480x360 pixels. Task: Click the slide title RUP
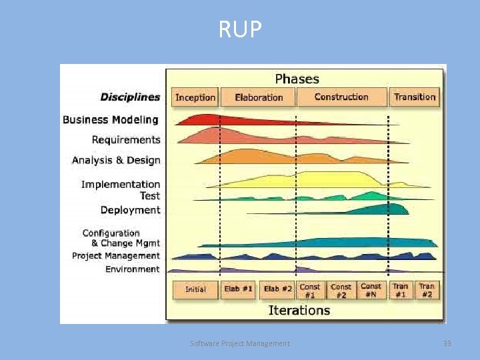coord(240,29)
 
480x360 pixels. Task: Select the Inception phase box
coord(195,97)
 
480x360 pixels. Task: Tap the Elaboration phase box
coord(259,97)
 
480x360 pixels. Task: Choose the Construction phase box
coord(341,97)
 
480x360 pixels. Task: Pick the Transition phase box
coord(415,97)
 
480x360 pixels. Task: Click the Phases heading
coord(297,79)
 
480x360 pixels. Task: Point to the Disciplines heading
coord(130,97)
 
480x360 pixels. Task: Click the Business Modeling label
coord(111,120)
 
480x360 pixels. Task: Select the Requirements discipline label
coord(126,140)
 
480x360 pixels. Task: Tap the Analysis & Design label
coord(116,161)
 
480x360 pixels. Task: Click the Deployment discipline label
coord(131,210)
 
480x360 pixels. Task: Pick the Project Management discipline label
coord(116,256)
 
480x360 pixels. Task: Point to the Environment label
coord(133,269)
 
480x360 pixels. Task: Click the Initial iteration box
coord(195,290)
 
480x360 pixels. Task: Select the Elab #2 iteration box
coord(278,290)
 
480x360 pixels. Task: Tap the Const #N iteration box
coord(371,290)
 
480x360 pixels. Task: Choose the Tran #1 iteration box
coord(401,290)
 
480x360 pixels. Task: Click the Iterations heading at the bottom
coord(299,310)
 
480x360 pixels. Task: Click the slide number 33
coord(447,343)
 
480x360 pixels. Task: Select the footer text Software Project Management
coord(240,343)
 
